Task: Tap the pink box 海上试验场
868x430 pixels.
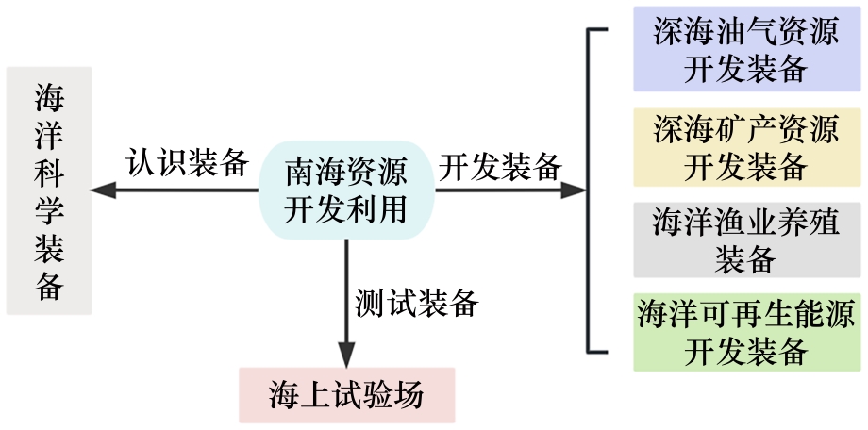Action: pos(346,395)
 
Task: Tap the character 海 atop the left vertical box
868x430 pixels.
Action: pos(49,96)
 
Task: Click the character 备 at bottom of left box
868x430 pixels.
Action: pos(49,285)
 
